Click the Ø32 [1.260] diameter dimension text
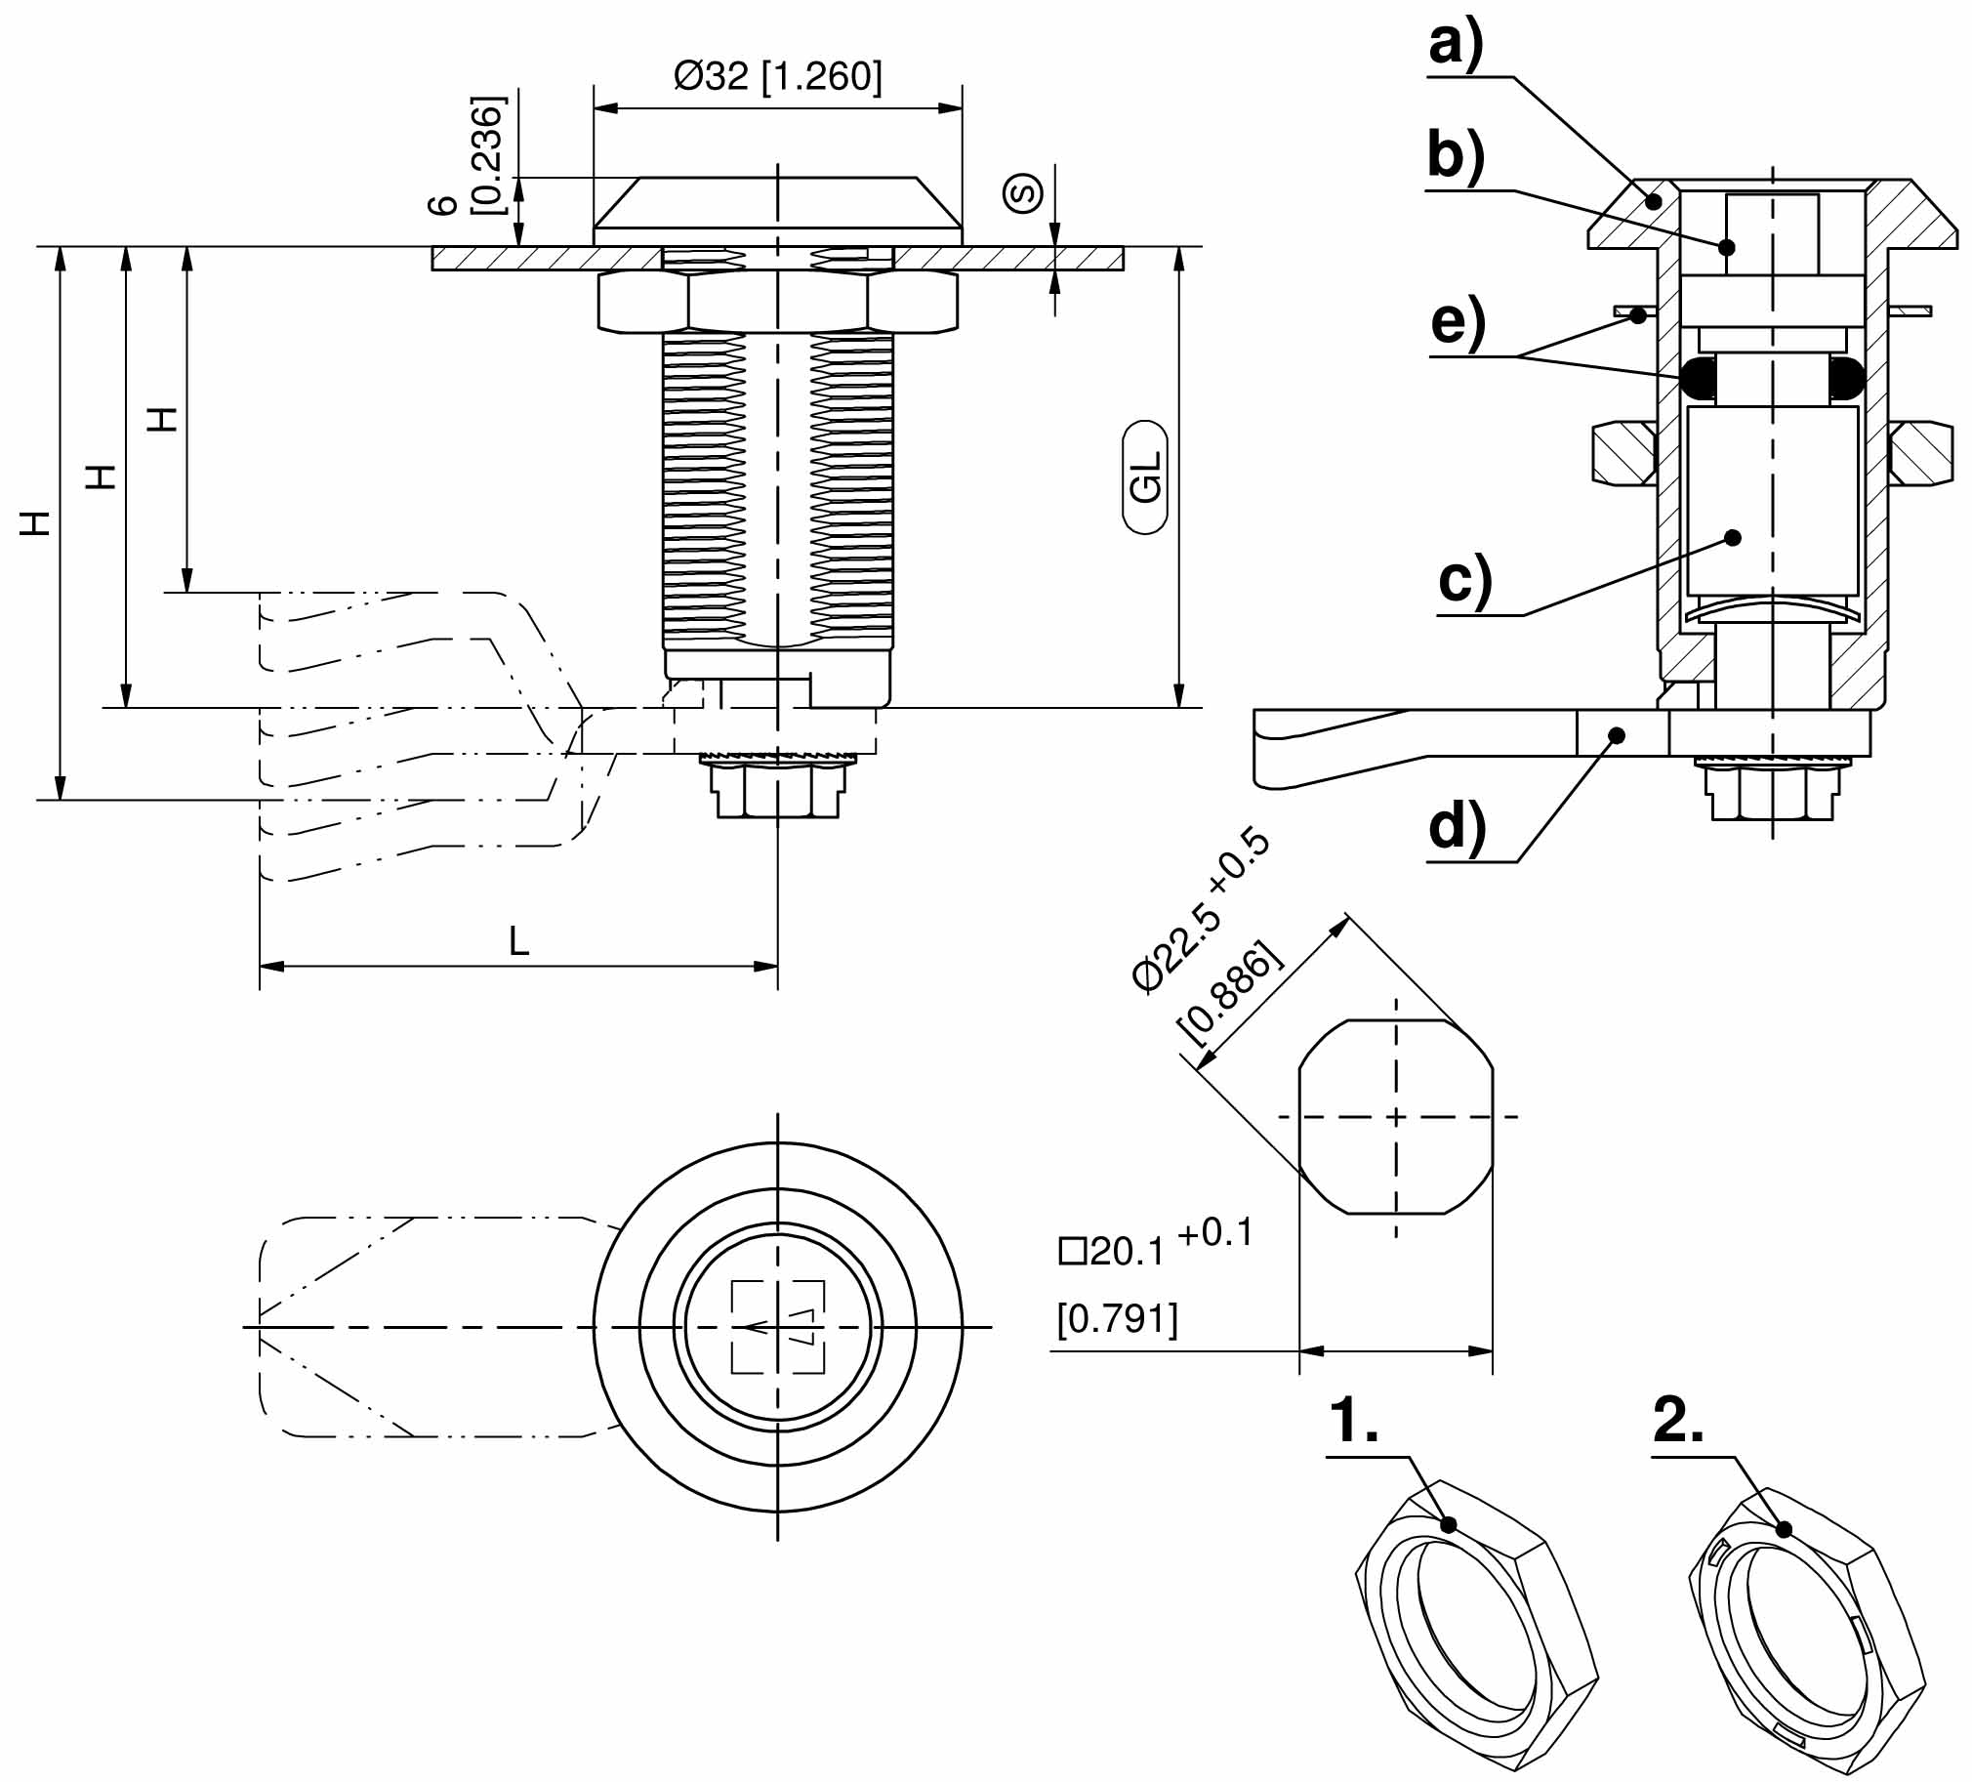point(778,76)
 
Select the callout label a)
point(1456,44)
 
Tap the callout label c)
point(1465,580)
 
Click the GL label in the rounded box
point(1145,477)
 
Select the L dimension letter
point(518,941)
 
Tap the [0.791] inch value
point(1117,1319)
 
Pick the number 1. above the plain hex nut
point(1354,1421)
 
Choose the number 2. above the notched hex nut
point(1678,1421)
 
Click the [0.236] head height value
point(486,154)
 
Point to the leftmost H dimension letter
point(36,523)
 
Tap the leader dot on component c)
point(1734,537)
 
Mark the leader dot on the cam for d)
point(1618,734)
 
